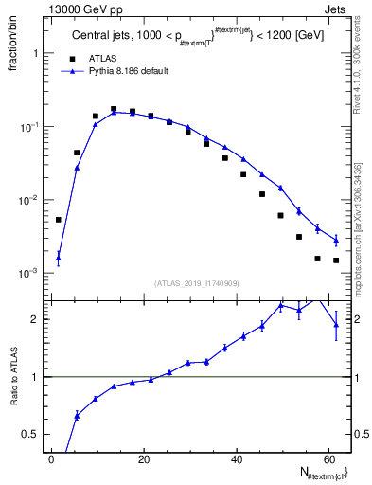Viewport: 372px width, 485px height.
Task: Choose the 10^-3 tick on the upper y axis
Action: [28, 273]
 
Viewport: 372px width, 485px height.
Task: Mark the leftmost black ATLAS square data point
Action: [59, 220]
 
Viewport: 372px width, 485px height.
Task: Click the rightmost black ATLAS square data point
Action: [336, 260]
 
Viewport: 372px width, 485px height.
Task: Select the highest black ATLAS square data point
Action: [114, 109]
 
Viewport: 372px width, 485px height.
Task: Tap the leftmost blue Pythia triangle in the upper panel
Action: [59, 256]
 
